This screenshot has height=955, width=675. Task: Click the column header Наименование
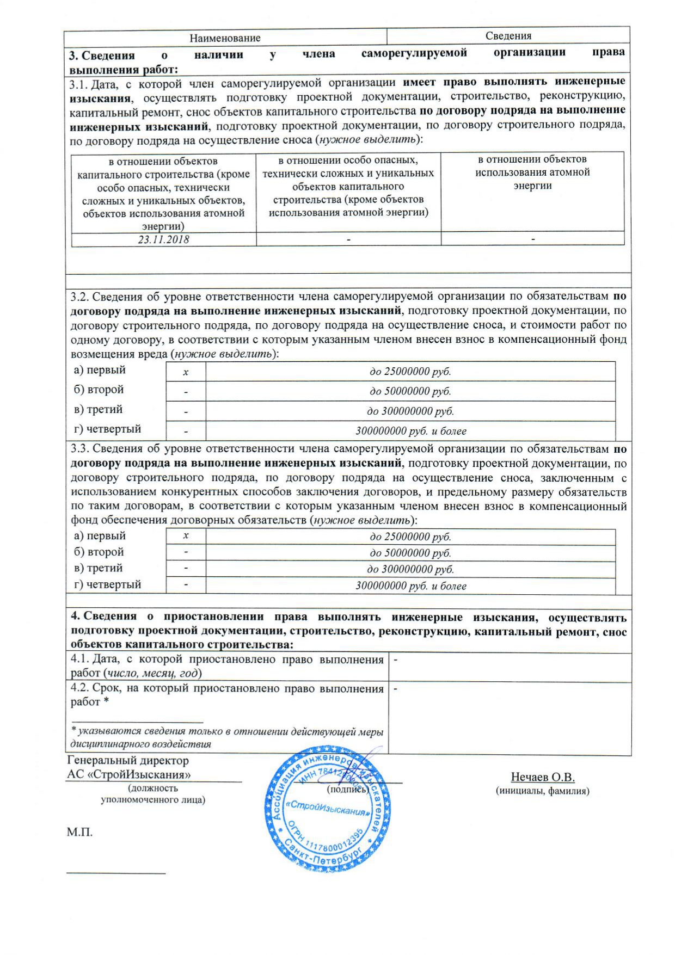[225, 38]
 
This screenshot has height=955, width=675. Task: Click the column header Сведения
[508, 36]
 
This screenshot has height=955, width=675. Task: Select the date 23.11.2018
[163, 239]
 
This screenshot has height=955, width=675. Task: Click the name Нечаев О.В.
[542, 777]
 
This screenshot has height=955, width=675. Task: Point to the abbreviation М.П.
[79, 832]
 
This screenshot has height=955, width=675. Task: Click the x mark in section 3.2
[186, 372]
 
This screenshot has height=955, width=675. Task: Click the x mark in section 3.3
[186, 536]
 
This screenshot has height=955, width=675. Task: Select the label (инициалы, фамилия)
[542, 791]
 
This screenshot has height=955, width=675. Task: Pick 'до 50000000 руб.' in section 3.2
[410, 391]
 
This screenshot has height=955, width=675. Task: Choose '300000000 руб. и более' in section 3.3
[411, 586]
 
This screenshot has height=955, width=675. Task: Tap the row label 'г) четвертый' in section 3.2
[107, 429]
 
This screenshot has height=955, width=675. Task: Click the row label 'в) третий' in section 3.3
[98, 568]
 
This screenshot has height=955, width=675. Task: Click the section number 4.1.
[79, 660]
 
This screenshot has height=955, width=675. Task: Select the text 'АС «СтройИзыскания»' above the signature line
[128, 774]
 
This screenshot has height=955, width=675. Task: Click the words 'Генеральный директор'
[127, 760]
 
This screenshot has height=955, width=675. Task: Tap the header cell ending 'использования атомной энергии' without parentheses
[532, 172]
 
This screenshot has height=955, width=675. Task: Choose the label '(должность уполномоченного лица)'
[153, 794]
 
